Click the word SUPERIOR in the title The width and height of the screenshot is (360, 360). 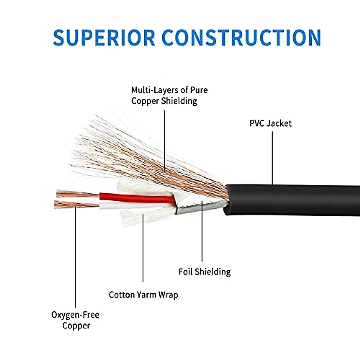click(x=104, y=37)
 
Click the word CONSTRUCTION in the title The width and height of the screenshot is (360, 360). click(x=241, y=37)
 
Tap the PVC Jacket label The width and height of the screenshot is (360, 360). click(x=271, y=124)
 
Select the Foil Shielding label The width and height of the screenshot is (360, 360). click(x=205, y=272)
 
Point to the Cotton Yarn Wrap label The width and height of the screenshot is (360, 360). click(x=143, y=295)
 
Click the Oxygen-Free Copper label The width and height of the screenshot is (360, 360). click(x=75, y=320)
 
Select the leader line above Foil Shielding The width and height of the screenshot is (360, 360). click(x=202, y=231)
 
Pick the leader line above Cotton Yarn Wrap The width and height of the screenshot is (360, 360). click(x=143, y=248)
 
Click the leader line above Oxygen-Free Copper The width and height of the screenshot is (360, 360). click(x=75, y=257)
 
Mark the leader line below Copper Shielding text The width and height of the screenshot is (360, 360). click(x=165, y=141)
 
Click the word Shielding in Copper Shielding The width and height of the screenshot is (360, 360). click(x=179, y=101)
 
